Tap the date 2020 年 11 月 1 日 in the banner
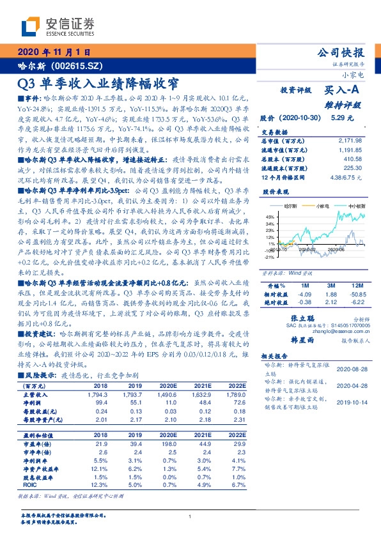pyautogui.click(x=54, y=52)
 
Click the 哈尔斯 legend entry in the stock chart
pyautogui.click(x=291, y=207)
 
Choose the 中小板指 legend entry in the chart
pyautogui.click(x=356, y=207)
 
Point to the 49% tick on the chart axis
pyautogui.click(x=271, y=217)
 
